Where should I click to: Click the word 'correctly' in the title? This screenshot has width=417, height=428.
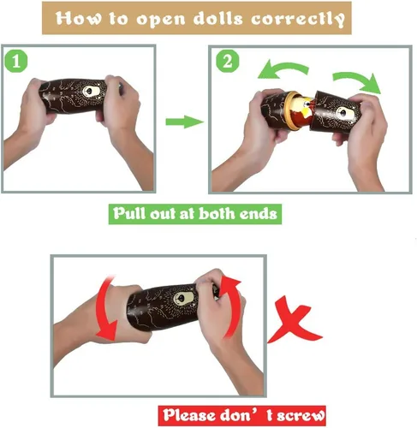(298, 20)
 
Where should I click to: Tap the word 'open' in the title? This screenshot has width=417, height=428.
(161, 20)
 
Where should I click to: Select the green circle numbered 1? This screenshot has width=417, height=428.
(16, 62)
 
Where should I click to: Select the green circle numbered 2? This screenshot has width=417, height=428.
(227, 61)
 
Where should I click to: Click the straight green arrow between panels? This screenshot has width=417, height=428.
(184, 122)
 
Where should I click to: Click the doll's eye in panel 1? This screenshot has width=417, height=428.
(89, 92)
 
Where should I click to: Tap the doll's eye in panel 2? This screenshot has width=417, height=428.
(343, 113)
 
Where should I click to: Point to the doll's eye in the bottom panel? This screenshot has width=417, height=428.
(181, 299)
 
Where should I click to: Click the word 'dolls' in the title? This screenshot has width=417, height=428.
(218, 19)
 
